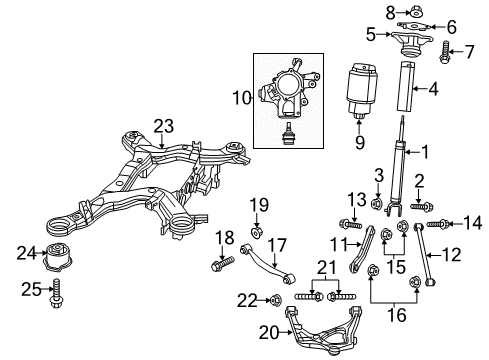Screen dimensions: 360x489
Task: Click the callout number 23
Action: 163,127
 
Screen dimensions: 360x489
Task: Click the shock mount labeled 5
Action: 411,46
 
